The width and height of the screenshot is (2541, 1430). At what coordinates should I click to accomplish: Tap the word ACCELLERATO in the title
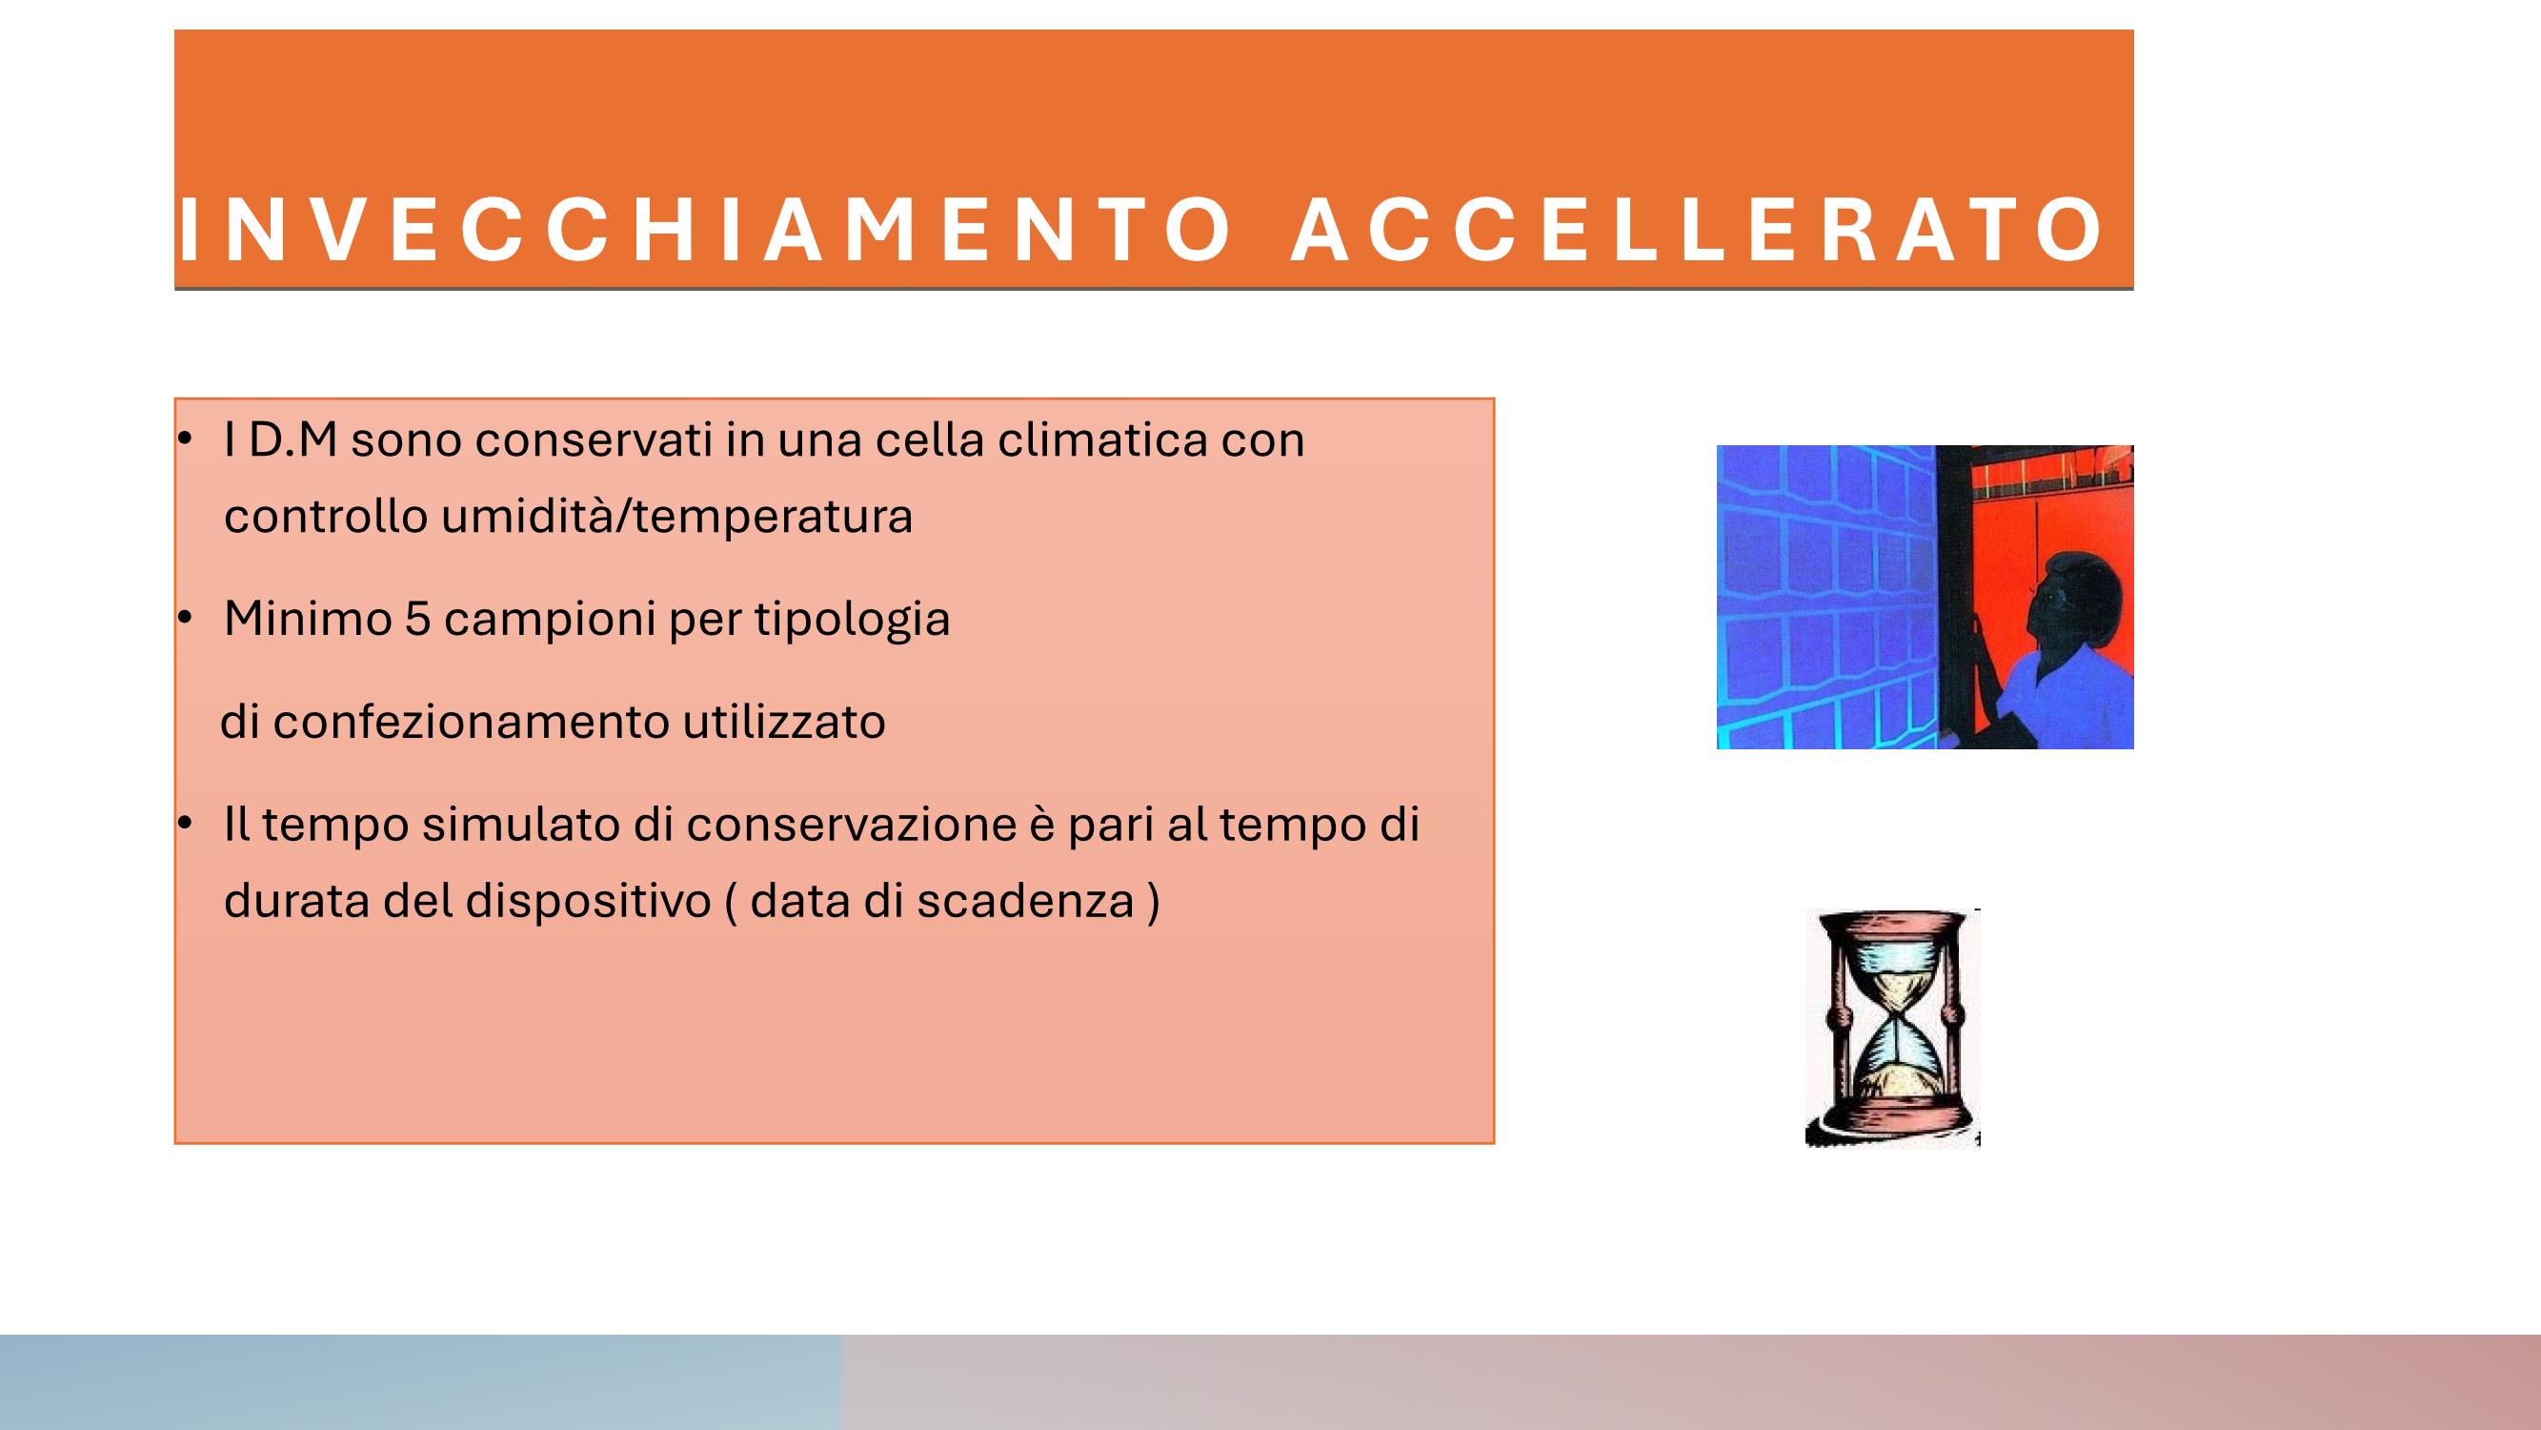[1698, 231]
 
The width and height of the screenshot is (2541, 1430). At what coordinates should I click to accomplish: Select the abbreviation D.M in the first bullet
[292, 440]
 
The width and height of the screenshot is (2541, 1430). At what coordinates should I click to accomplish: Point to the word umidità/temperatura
[676, 516]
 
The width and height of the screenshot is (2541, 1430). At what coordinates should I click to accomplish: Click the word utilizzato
[784, 722]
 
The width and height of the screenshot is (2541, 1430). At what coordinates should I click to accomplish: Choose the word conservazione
[851, 825]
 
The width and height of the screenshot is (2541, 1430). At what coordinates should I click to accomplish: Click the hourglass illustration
[1893, 1028]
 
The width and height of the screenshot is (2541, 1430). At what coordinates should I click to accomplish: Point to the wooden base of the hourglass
[1893, 1123]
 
